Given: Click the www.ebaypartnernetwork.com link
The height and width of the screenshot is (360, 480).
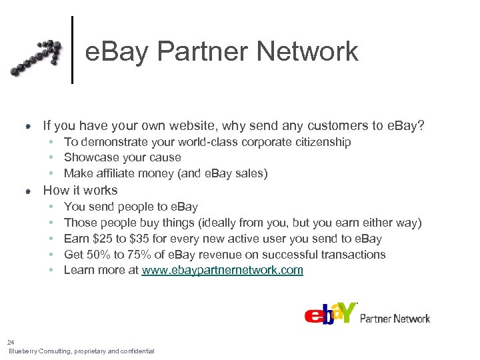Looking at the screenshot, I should (222, 270).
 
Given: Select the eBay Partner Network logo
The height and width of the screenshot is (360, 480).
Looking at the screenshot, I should (367, 313).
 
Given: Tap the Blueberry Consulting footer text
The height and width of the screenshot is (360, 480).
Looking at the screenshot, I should (81, 351).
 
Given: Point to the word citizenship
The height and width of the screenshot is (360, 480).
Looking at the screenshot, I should (321, 142).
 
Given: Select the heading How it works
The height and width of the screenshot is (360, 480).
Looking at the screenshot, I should (80, 190).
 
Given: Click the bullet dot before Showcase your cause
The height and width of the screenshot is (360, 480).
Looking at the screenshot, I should (51, 158).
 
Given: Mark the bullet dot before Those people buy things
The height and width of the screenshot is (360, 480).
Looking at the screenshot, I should (51, 223).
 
